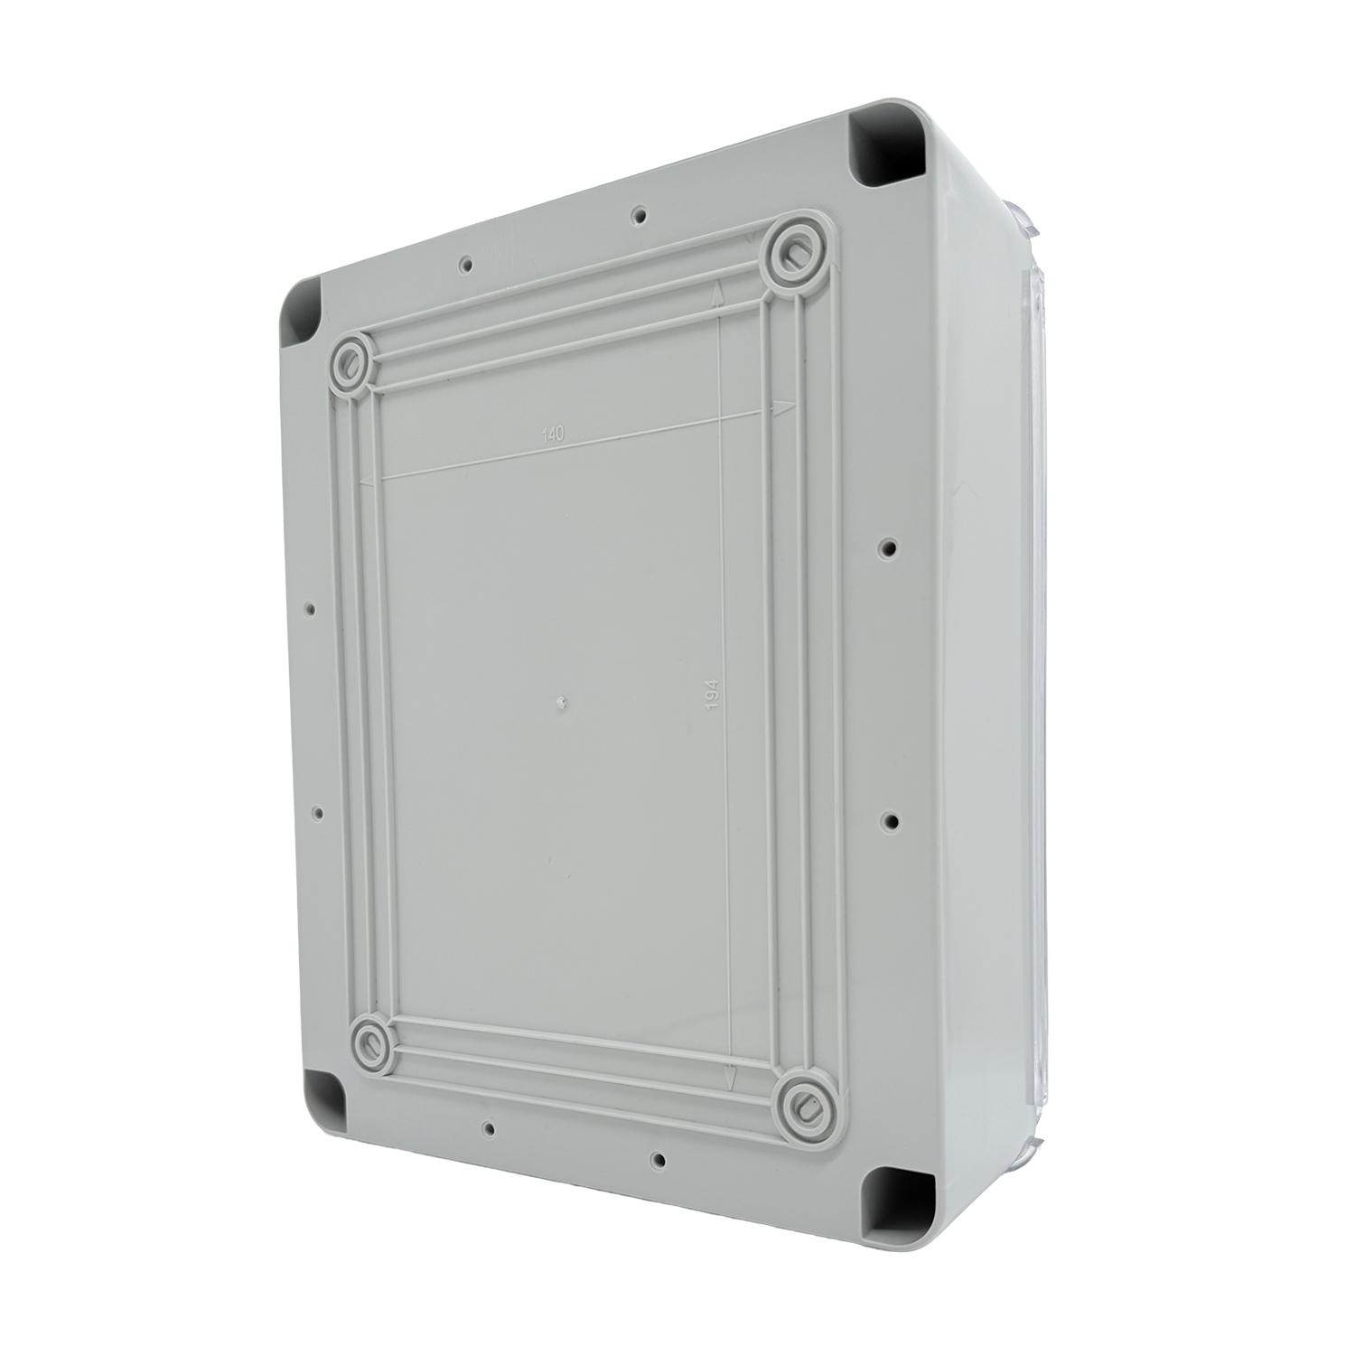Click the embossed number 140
pos(552,435)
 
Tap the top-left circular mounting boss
pos(351,364)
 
